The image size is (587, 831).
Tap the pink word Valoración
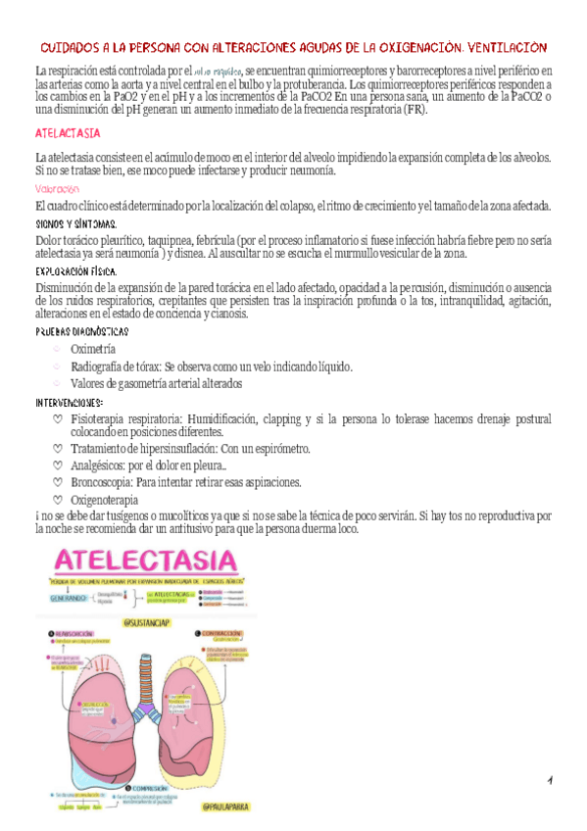[57, 188]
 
